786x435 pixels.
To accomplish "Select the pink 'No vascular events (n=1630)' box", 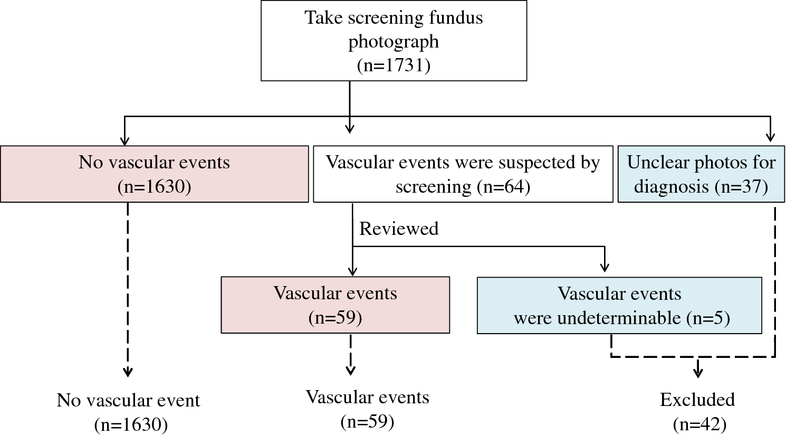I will click(x=154, y=174).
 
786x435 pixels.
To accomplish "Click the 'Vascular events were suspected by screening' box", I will click(x=463, y=174).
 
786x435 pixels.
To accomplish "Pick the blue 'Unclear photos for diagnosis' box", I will click(x=701, y=174).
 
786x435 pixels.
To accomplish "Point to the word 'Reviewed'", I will click(x=398, y=229).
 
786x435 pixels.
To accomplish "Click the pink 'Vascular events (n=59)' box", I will click(x=335, y=305).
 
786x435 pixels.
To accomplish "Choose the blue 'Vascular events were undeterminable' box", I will click(x=619, y=305).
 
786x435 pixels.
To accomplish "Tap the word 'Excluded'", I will click(x=697, y=400).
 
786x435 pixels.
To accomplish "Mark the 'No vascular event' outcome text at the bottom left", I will click(x=128, y=401).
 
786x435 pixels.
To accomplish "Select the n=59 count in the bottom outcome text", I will click(x=367, y=421).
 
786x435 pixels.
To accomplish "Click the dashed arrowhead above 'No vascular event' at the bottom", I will click(x=128, y=372).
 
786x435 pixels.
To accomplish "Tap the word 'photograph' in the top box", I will click(x=394, y=42).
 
